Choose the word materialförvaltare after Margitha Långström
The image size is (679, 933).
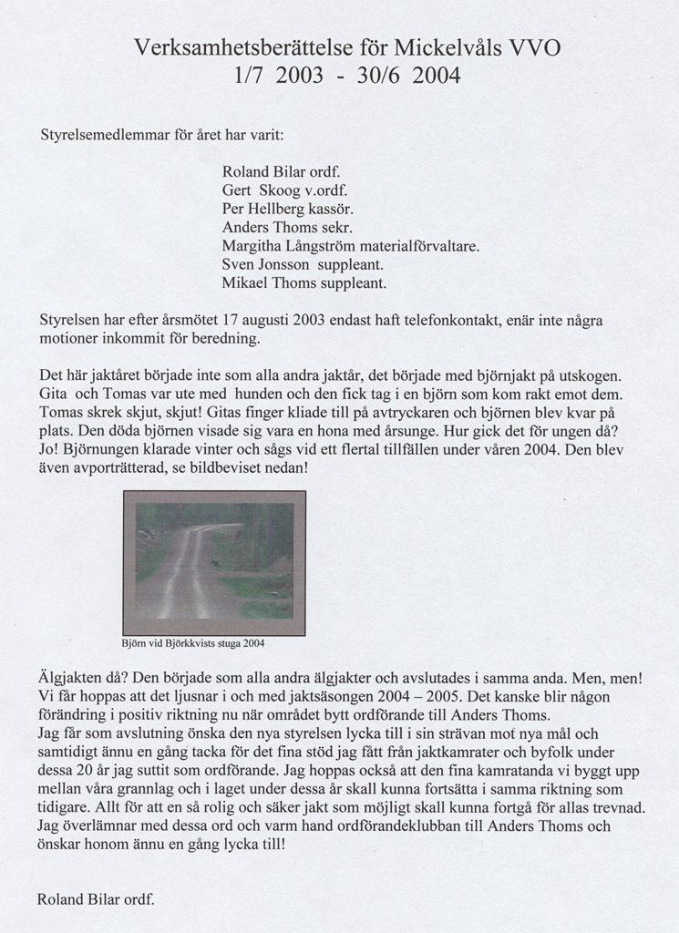click(x=421, y=246)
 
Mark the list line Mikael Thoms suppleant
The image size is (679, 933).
click(x=303, y=283)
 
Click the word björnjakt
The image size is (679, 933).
click(x=511, y=375)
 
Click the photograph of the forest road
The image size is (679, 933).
click(x=214, y=562)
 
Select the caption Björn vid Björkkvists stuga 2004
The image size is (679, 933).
click(x=193, y=642)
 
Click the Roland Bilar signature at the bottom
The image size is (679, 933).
click(x=96, y=899)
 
